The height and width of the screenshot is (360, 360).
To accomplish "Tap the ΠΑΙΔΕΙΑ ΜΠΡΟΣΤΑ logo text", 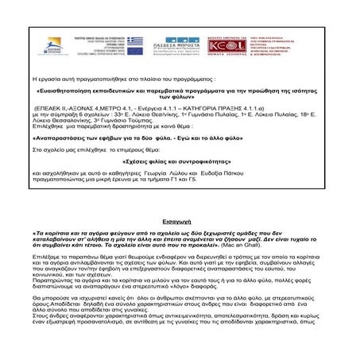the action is point(167,48).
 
